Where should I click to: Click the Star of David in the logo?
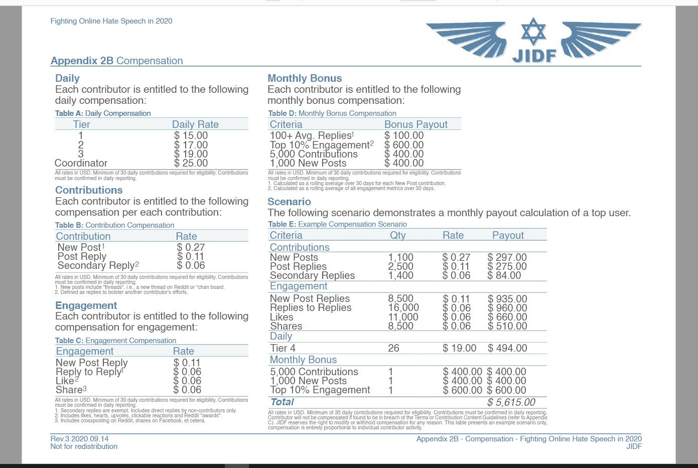point(533,32)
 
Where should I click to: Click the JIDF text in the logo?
point(534,55)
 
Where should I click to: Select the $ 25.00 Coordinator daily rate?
point(191,163)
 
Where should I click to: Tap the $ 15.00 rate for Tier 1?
point(191,135)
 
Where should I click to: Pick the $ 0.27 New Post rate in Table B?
point(191,247)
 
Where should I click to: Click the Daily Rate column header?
point(195,124)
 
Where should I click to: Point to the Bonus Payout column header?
point(415,124)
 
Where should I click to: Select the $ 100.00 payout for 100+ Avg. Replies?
point(404,135)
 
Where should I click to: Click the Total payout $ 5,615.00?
point(511,402)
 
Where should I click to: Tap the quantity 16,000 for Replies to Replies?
point(403,307)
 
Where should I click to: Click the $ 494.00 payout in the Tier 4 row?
point(507,348)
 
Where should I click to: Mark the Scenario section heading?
point(289,202)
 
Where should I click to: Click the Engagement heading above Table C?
point(86,305)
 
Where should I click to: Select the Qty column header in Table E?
point(397,235)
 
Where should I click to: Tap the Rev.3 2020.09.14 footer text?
point(79,438)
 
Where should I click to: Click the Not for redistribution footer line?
point(84,446)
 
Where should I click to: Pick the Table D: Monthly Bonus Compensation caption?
point(332,113)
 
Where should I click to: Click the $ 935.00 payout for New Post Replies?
point(507,299)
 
